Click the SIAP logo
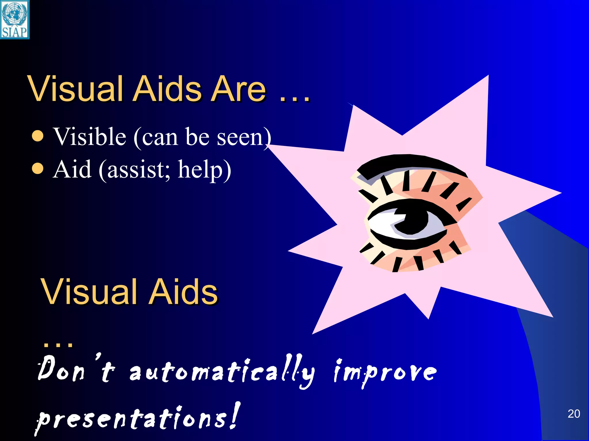coord(15,19)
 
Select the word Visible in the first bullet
coord(90,137)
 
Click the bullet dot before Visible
coord(38,136)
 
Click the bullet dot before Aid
coord(38,169)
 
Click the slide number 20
coord(574,414)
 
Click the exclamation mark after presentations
coord(235,415)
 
